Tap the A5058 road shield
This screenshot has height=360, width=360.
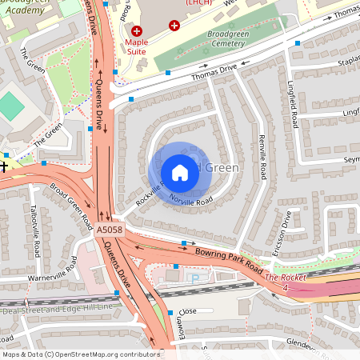click(x=110, y=229)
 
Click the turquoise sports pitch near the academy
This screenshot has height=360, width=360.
click(x=11, y=105)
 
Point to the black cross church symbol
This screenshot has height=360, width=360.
click(x=4, y=166)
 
